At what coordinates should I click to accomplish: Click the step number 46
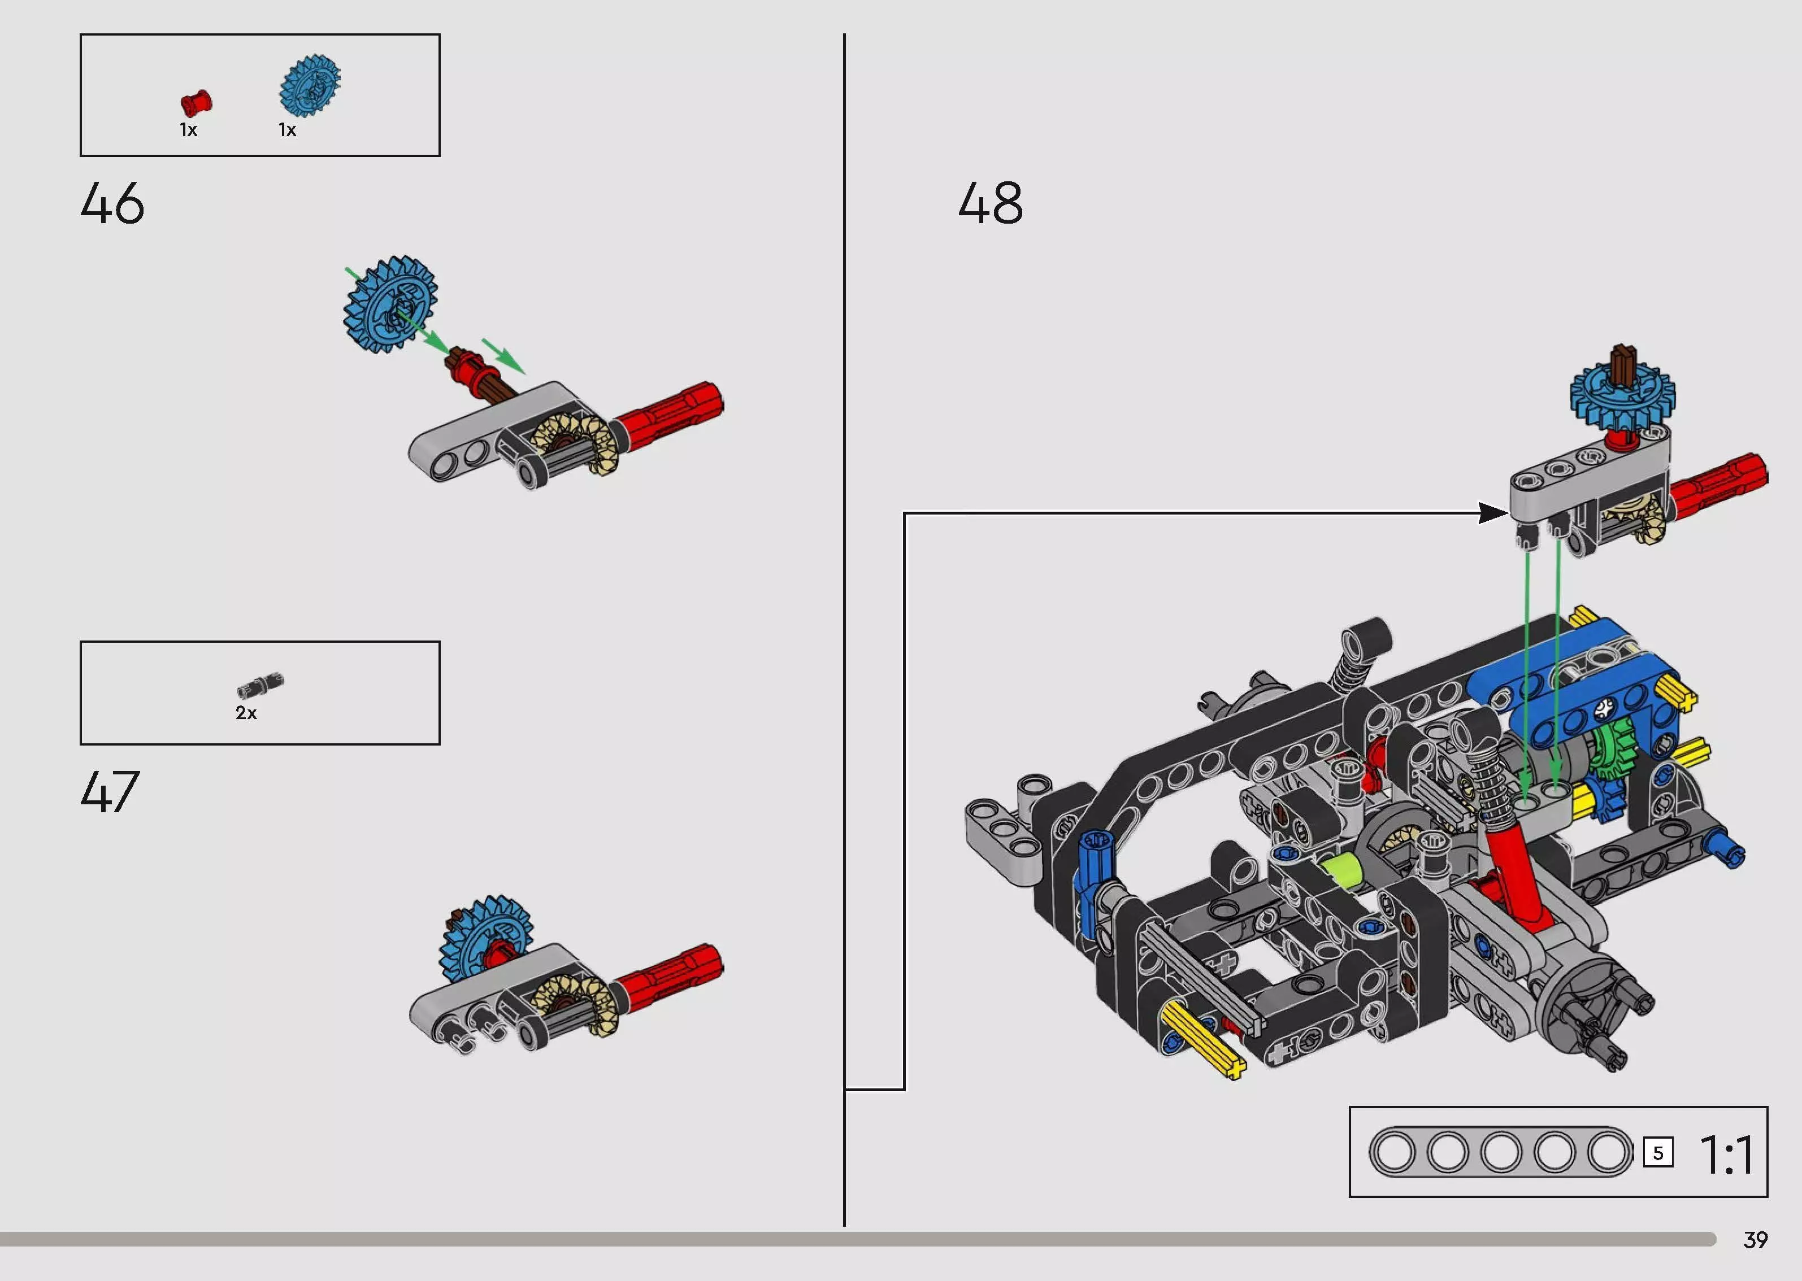point(112,203)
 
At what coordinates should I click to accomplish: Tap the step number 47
point(110,791)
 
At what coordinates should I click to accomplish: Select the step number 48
point(991,203)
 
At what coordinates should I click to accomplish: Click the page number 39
point(1756,1240)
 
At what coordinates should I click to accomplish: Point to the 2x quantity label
point(246,713)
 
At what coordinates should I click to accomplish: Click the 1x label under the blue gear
point(287,130)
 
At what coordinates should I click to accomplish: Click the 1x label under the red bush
point(188,130)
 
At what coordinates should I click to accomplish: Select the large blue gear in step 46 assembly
point(390,304)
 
